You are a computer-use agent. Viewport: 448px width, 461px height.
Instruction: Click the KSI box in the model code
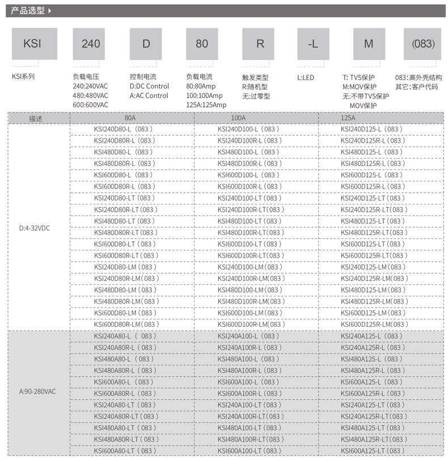click(x=34, y=44)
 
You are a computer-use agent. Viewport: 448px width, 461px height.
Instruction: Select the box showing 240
click(x=91, y=44)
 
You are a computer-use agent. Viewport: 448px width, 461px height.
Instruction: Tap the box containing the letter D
click(x=146, y=44)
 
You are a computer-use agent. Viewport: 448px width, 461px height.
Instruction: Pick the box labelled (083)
click(x=422, y=44)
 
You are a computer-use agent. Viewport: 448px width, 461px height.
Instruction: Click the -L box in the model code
click(x=312, y=44)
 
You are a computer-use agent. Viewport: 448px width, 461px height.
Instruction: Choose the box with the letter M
click(x=369, y=44)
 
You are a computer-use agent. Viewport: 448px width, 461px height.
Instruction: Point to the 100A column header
click(x=239, y=118)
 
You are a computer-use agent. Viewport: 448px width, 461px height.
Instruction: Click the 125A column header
click(x=348, y=118)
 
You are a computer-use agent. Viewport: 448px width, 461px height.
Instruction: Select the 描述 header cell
click(x=36, y=118)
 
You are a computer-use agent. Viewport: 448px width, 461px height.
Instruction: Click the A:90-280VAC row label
click(x=38, y=391)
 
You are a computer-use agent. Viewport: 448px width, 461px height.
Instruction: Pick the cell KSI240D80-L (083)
click(x=123, y=129)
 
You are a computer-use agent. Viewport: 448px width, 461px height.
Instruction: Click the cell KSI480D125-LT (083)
click(x=373, y=221)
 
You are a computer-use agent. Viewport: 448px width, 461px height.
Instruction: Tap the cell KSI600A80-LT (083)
click(x=126, y=451)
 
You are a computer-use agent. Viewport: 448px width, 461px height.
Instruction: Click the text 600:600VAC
click(x=90, y=105)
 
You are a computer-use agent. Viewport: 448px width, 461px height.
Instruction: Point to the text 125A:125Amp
click(x=206, y=105)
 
